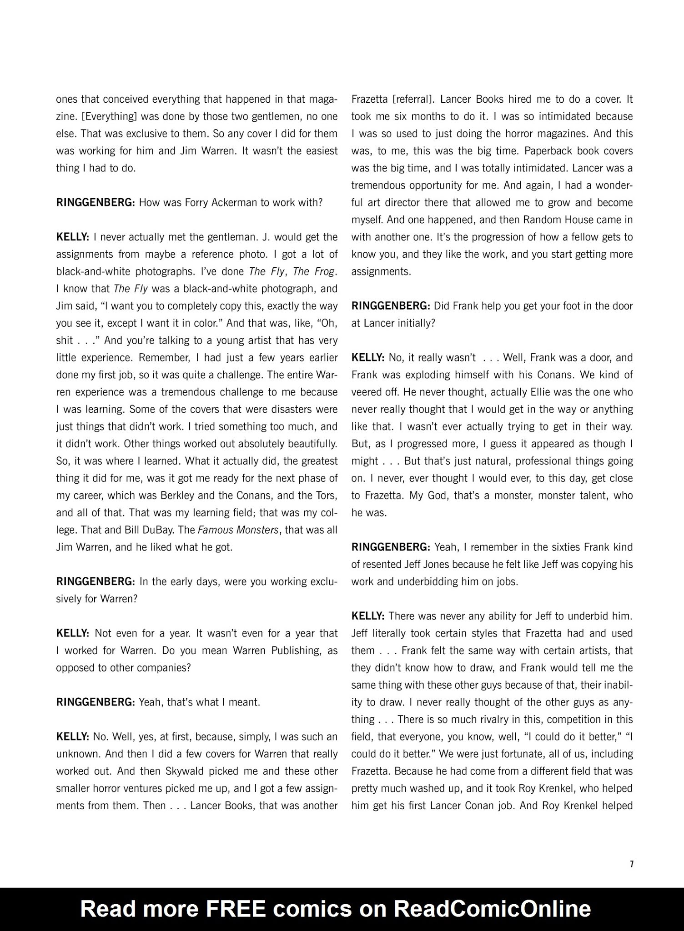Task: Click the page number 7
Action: point(631,864)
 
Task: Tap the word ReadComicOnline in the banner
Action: point(492,908)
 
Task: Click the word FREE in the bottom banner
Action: point(236,908)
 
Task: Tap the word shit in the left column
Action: point(64,340)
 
